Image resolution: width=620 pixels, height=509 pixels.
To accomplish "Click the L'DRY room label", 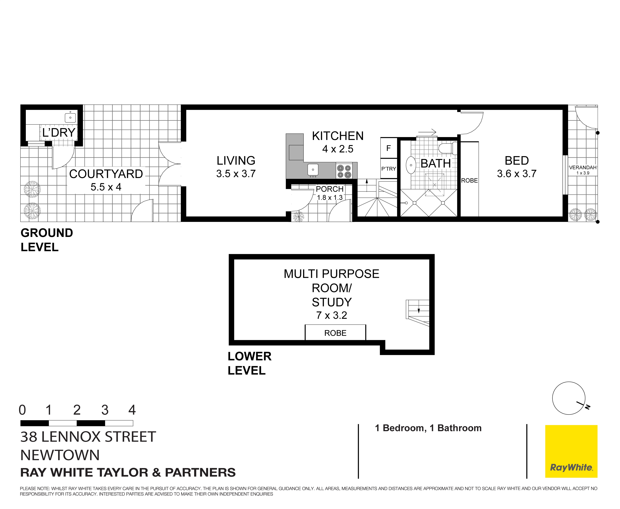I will pyautogui.click(x=59, y=133).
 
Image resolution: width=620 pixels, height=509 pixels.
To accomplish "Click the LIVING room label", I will pyautogui.click(x=236, y=161).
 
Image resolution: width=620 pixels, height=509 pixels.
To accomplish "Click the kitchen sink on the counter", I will pyautogui.click(x=313, y=170).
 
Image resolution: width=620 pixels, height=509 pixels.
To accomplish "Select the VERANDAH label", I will pyautogui.click(x=582, y=167).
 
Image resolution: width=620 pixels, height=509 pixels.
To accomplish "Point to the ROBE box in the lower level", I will pyautogui.click(x=335, y=333).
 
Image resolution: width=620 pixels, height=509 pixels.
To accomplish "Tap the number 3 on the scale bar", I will pyautogui.click(x=105, y=410).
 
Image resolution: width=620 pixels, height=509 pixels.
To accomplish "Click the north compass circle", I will pyautogui.click(x=569, y=398).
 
